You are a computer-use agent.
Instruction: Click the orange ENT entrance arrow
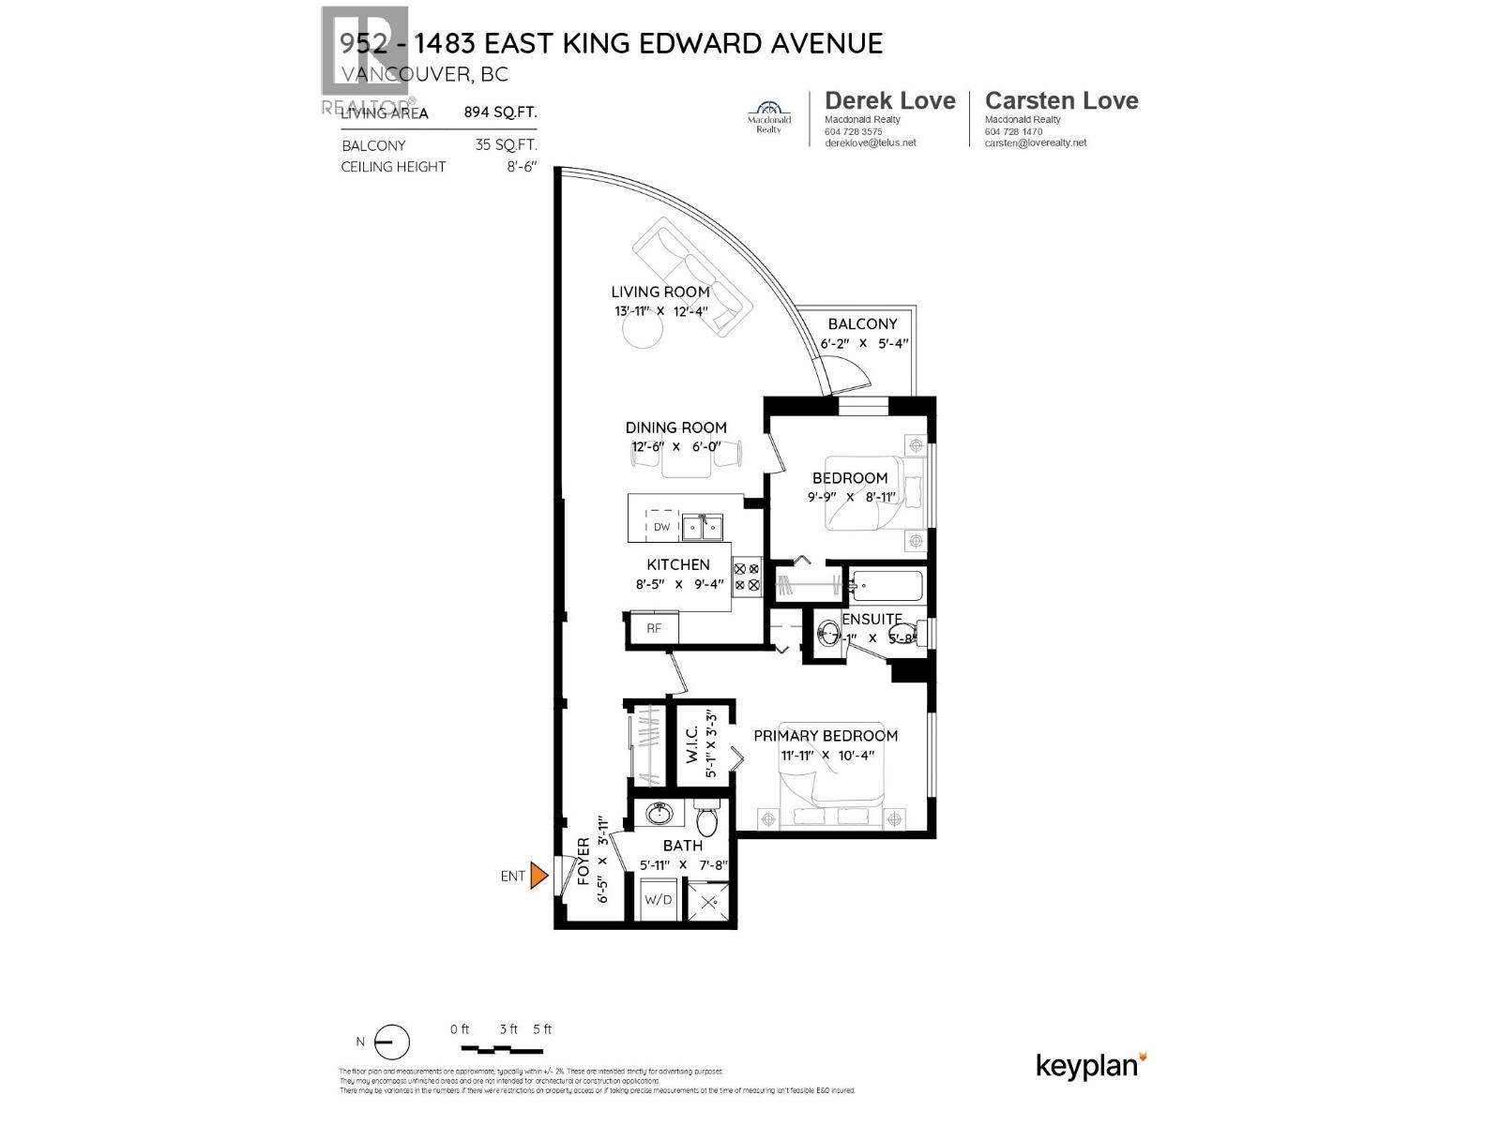click(x=538, y=876)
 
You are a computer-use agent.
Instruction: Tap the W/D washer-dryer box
click(x=658, y=899)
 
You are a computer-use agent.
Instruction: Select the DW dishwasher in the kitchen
click(x=661, y=527)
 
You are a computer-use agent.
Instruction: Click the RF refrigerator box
click(x=654, y=628)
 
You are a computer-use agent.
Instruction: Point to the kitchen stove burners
click(x=746, y=577)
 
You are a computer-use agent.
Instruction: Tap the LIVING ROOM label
click(x=660, y=292)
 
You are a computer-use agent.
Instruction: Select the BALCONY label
click(x=862, y=323)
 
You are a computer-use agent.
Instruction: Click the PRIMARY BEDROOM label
click(x=826, y=736)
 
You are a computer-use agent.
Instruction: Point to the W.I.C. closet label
click(x=691, y=744)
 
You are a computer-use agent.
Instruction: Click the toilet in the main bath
click(x=707, y=819)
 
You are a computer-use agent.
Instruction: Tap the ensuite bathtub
click(x=887, y=587)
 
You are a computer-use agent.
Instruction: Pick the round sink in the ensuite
click(x=828, y=634)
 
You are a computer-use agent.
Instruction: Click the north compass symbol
click(x=392, y=1042)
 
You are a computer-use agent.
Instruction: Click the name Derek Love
click(x=889, y=100)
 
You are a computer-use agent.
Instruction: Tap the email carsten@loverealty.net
click(x=1036, y=142)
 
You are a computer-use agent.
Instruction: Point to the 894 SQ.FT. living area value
click(x=500, y=112)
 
